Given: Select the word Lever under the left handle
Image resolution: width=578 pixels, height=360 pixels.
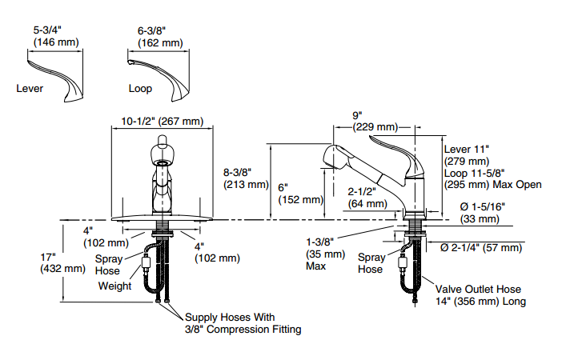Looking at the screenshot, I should [x=30, y=89].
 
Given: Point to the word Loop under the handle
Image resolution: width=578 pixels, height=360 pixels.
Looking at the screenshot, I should [x=139, y=89].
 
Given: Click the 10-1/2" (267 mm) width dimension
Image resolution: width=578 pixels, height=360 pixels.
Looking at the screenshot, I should [x=163, y=122].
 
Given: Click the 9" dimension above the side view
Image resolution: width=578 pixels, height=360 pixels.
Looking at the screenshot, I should [x=357, y=114].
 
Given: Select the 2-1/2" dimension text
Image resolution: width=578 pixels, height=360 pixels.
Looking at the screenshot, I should [x=363, y=192].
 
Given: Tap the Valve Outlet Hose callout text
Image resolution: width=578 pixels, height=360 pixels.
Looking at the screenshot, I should [x=479, y=290].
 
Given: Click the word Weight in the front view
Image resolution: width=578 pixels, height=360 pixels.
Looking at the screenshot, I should [x=114, y=286].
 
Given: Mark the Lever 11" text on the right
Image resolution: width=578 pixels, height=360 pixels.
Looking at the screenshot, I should [x=467, y=148].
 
